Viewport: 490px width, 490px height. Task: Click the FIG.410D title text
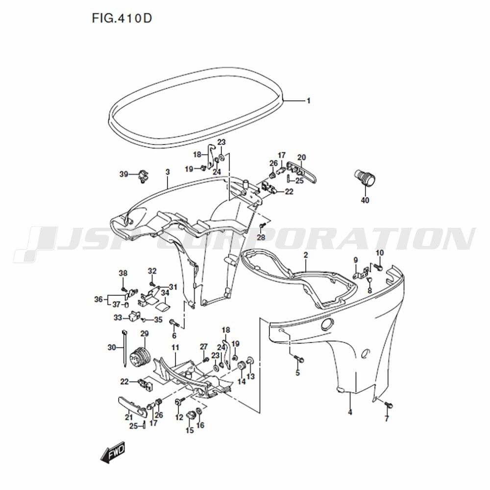point(122,19)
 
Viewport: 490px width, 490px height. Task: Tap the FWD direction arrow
point(113,452)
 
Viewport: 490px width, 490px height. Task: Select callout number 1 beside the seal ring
point(308,101)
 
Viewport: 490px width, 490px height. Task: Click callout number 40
point(365,200)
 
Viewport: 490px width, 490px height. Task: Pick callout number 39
point(124,174)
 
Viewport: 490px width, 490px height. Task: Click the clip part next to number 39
point(143,176)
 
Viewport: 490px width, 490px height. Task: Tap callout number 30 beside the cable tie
point(112,347)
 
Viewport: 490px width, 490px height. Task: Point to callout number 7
point(387,418)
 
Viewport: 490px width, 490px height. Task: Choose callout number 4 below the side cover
point(350,412)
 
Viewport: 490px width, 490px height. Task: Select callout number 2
point(306,255)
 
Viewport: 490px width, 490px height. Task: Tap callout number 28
point(261,237)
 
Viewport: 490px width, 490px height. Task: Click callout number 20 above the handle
point(301,157)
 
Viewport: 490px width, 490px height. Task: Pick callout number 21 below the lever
point(129,417)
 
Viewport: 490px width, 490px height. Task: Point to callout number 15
point(190,430)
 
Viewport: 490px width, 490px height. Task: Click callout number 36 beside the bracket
point(98,299)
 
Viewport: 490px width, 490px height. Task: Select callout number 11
point(175,347)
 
